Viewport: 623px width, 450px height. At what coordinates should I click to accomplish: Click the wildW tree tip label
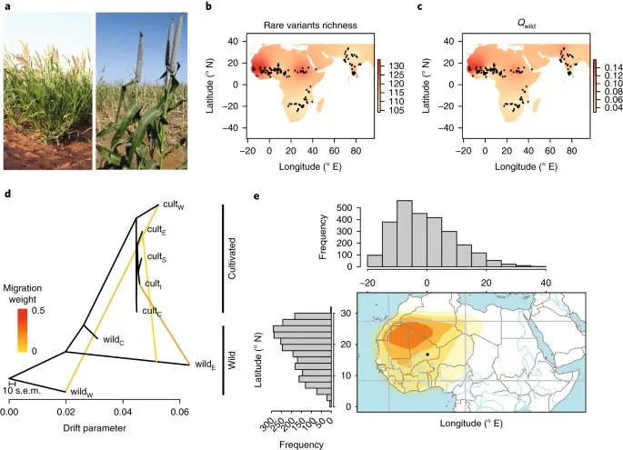pos(84,392)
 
